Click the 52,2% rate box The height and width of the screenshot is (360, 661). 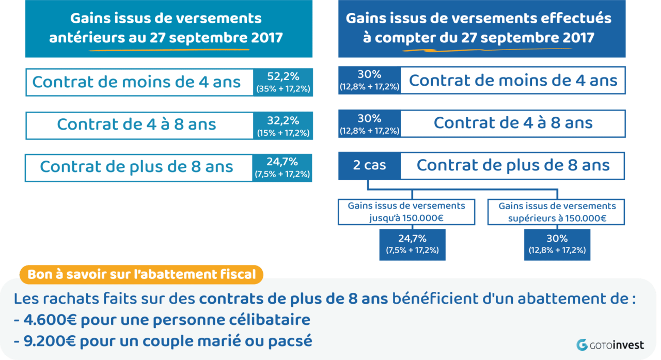tap(283, 82)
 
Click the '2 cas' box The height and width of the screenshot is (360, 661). tap(369, 166)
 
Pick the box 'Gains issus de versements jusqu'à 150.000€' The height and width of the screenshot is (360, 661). tap(406, 212)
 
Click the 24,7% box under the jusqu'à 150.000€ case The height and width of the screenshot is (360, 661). tap(412, 244)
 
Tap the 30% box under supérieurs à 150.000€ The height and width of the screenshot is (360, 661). tap(557, 244)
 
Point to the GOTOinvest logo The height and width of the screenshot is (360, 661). tap(610, 345)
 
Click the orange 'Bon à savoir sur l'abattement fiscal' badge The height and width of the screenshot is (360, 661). tap(141, 274)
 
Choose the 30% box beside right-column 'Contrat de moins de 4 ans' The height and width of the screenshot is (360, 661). tap(369, 81)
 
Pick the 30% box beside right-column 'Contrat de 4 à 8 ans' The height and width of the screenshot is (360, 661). tap(369, 124)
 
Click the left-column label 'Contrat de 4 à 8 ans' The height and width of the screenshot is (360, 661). tap(137, 124)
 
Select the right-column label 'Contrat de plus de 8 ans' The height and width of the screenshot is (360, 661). tap(513, 166)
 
